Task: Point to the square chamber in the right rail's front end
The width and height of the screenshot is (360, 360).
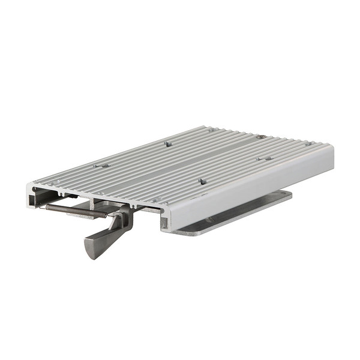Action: point(164,222)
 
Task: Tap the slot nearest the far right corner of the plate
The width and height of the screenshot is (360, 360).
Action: point(307,143)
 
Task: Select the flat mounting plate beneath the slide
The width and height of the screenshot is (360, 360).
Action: point(240,213)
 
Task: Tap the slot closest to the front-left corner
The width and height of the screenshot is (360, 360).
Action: point(53,182)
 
